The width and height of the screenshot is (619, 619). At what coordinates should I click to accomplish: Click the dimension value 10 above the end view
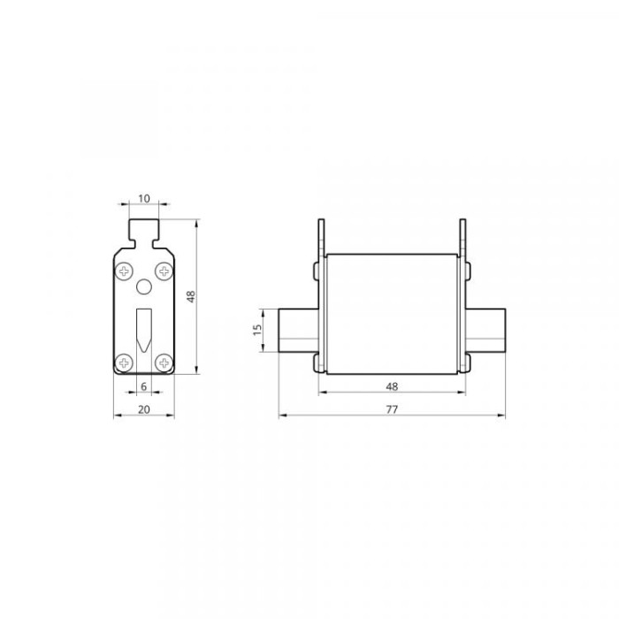coord(144,199)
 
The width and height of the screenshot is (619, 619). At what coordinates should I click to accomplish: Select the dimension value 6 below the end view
coord(143,386)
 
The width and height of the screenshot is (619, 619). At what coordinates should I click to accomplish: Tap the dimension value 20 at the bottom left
coord(143,409)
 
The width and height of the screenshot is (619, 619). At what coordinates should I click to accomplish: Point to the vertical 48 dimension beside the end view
coord(191,296)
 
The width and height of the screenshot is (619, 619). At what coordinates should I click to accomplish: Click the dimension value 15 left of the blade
coord(257,330)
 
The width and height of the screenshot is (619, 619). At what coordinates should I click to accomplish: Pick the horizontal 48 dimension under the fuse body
coord(392,386)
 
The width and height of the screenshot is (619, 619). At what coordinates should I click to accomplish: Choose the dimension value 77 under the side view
coord(392,409)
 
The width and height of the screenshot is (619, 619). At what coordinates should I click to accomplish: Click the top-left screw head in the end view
coord(124,271)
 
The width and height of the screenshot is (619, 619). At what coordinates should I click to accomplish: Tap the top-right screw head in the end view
coord(164,271)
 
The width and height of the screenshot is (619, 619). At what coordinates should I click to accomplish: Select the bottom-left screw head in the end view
coord(124,363)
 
